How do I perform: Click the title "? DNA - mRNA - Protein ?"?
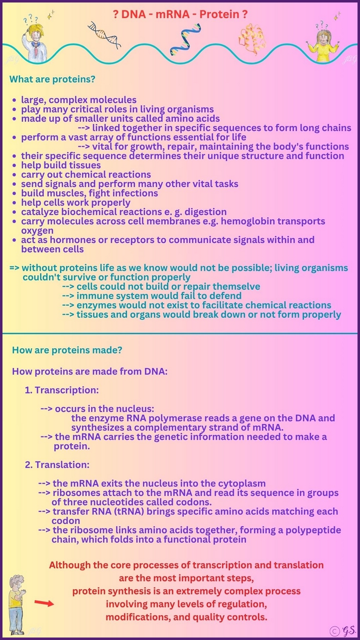pos(180,15)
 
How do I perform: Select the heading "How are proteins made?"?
pos(67,350)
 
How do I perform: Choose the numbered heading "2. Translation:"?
pos(57,465)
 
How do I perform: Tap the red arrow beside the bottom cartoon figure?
pos(44,604)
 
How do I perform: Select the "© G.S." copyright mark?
pos(341,631)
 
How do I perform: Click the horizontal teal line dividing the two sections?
pos(180,333)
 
